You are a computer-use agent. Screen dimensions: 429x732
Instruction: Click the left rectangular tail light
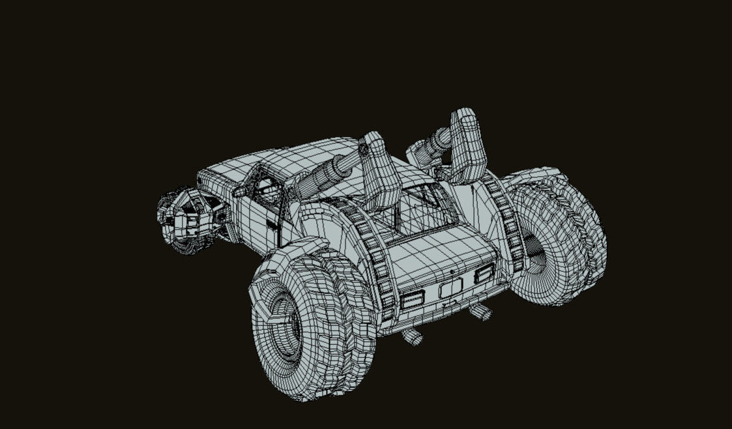click(412, 299)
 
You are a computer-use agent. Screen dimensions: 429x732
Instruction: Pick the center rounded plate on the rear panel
click(450, 289)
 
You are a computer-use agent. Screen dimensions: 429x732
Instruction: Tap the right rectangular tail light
click(484, 273)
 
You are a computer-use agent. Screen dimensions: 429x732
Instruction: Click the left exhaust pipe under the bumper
click(412, 336)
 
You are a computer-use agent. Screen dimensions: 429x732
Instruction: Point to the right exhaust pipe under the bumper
click(481, 312)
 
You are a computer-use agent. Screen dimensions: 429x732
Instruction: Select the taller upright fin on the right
click(468, 147)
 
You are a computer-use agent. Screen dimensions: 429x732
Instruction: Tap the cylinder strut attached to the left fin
click(329, 173)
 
